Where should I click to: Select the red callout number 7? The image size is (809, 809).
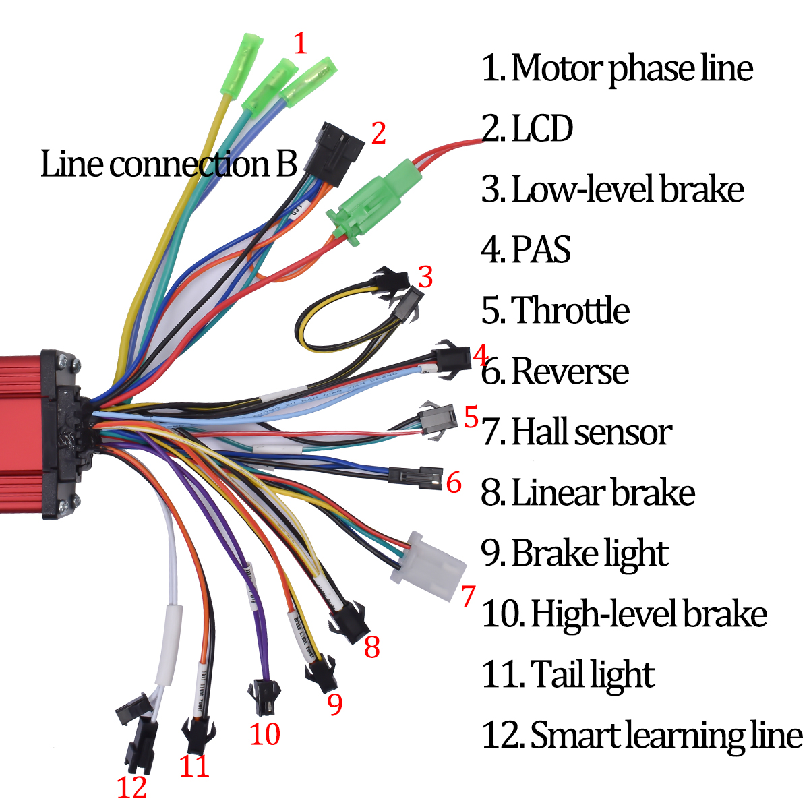(468, 596)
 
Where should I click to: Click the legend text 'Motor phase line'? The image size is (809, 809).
(617, 68)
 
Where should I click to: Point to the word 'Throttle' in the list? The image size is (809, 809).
(570, 310)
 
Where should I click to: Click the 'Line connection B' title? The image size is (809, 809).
(169, 164)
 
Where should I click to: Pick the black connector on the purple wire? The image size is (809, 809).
(263, 698)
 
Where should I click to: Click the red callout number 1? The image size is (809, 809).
(300, 43)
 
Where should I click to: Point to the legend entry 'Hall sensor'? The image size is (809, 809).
(576, 431)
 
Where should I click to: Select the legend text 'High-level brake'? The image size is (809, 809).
(624, 613)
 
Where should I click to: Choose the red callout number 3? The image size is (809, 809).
(425, 277)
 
